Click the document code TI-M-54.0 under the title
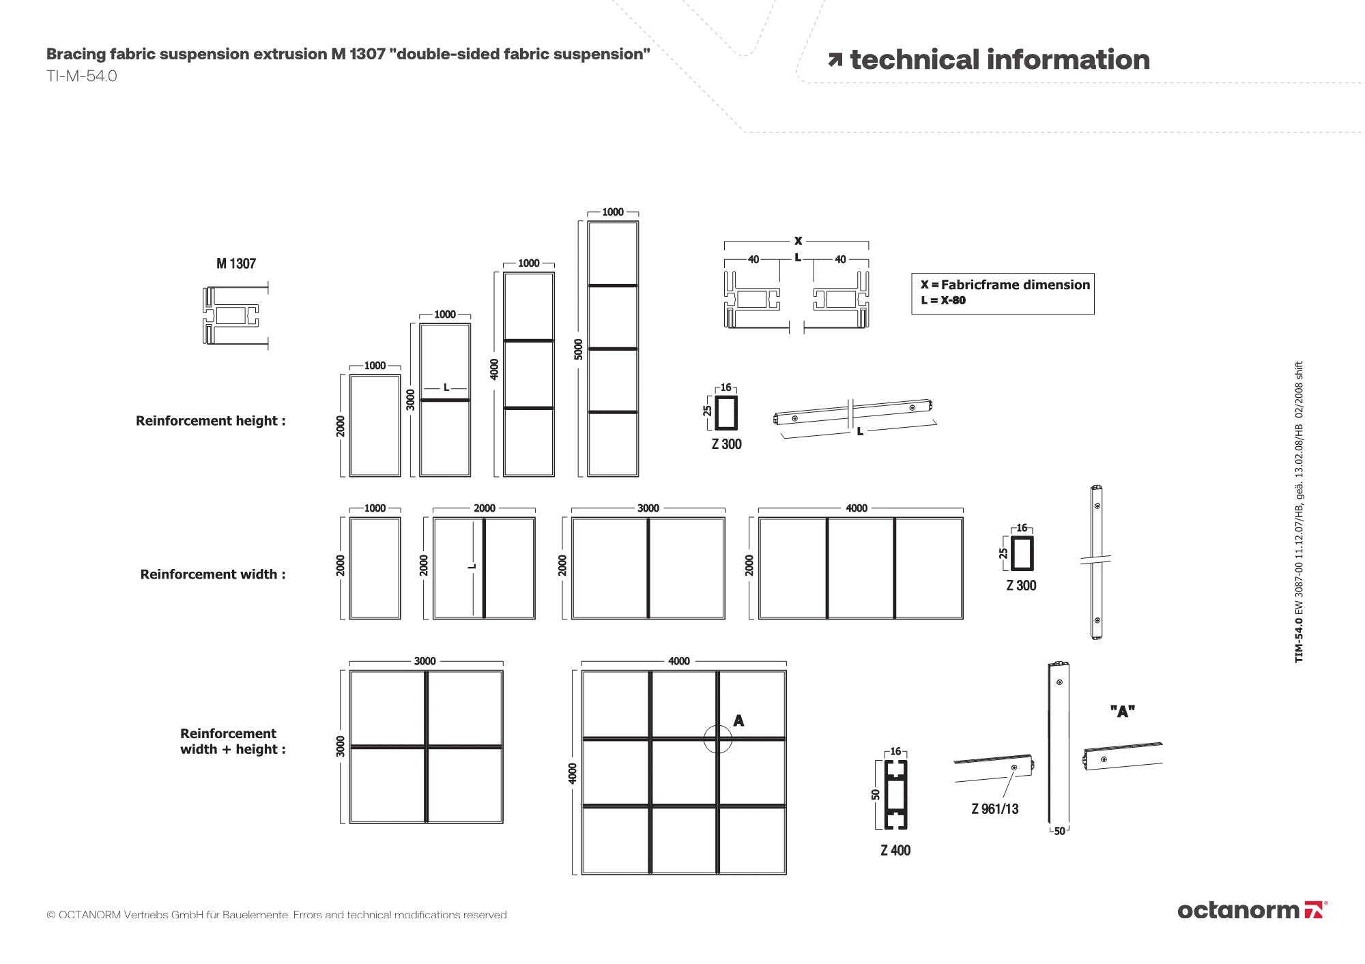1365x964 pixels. coord(81,76)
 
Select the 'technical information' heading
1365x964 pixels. coord(999,60)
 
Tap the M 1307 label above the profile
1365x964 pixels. coord(236,264)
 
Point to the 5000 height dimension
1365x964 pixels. coord(579,349)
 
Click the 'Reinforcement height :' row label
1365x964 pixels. coord(210,421)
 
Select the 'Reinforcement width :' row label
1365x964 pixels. coord(213,574)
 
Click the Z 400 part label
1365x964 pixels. coord(895,851)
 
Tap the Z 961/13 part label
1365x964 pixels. coord(994,809)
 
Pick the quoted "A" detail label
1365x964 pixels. coord(1122,712)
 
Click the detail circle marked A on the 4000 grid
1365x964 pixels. coord(718,739)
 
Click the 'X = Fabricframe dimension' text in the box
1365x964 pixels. coord(1005,285)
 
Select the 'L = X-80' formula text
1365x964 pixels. coord(943,301)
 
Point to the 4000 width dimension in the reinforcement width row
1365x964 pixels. coord(857,508)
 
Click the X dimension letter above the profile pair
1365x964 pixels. coord(798,241)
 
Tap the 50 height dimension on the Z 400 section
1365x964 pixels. coord(876,794)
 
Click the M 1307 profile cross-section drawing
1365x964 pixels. coord(232,315)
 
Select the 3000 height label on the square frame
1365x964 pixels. coord(341,746)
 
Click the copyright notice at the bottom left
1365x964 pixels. coord(277,915)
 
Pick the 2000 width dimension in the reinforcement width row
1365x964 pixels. coord(484,508)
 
